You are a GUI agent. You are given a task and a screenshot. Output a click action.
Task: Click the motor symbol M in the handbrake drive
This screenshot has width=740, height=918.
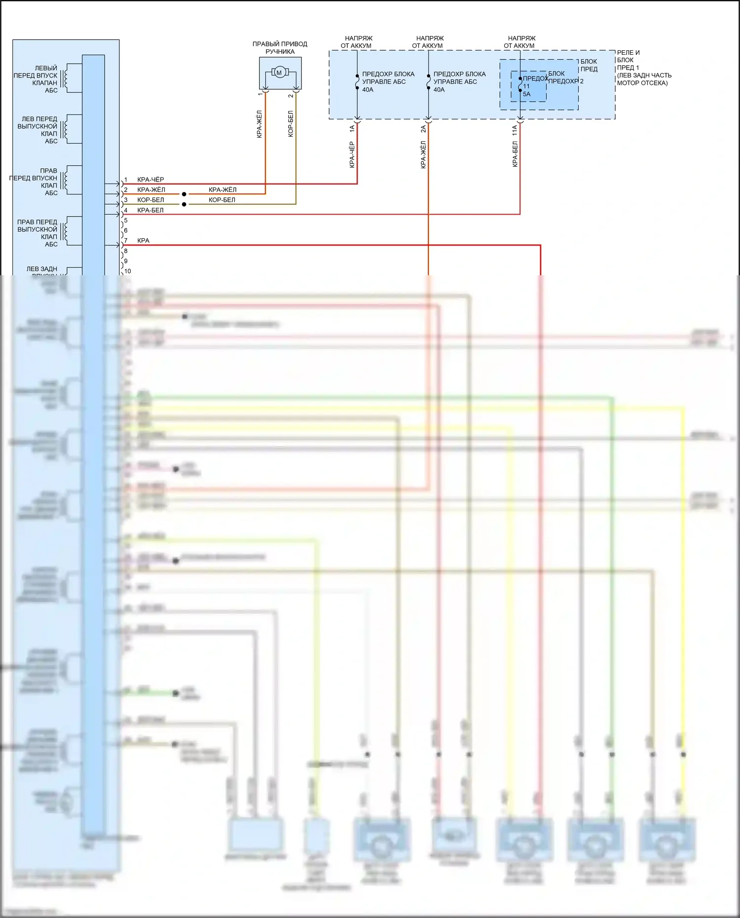(279, 73)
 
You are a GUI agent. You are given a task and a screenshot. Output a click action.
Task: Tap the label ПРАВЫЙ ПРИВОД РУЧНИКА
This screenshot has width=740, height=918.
(280, 47)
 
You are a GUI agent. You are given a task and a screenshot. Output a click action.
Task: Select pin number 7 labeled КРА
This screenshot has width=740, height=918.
(126, 241)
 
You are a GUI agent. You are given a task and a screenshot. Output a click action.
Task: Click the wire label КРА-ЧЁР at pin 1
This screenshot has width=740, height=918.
(150, 180)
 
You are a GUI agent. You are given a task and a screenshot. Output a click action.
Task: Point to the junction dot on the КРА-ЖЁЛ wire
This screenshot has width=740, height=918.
(184, 194)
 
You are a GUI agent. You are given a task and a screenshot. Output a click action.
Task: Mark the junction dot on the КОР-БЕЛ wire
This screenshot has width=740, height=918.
(184, 204)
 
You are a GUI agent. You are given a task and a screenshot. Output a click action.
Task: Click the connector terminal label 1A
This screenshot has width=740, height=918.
(352, 128)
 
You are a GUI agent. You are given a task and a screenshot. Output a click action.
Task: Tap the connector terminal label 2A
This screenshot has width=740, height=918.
(423, 128)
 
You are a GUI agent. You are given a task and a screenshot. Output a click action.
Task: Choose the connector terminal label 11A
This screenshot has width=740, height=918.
(515, 130)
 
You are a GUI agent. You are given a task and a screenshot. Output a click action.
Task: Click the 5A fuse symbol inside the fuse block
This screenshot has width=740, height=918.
(520, 84)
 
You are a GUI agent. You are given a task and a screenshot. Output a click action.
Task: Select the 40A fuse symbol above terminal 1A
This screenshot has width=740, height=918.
(357, 82)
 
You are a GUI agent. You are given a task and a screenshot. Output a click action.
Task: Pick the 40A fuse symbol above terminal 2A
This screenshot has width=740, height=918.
(428, 82)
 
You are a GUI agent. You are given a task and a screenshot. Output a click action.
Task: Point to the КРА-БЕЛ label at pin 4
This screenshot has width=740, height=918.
(150, 210)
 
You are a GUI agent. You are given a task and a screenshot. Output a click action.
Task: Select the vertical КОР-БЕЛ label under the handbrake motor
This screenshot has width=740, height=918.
(291, 123)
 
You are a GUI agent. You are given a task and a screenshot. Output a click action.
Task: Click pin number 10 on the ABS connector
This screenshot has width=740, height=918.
(128, 271)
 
